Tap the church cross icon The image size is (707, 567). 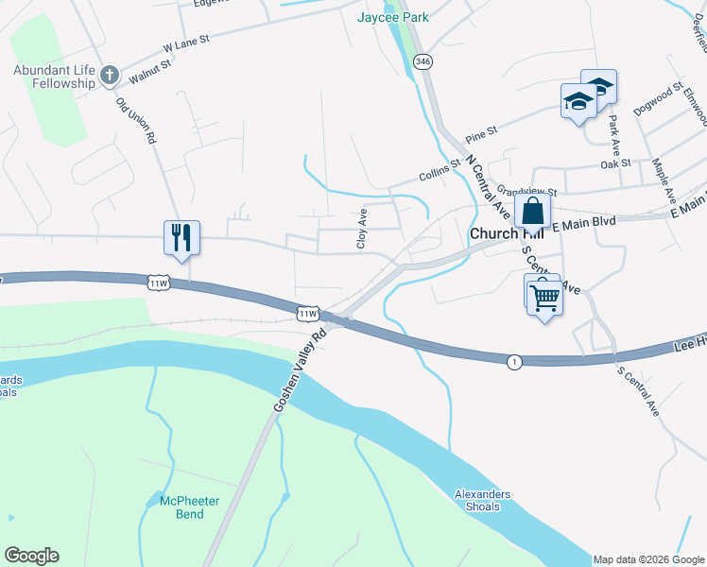coord(110,75)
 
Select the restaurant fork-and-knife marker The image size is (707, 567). coord(181,236)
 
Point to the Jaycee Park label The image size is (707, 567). coord(393,17)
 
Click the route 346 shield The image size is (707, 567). coord(423,62)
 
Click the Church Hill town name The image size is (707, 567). coord(494,233)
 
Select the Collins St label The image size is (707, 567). coord(439,171)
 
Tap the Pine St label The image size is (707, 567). coord(480,132)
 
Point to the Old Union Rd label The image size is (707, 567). coord(135,119)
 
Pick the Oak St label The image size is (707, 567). coord(615,163)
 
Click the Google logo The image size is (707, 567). coord(31,556)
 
